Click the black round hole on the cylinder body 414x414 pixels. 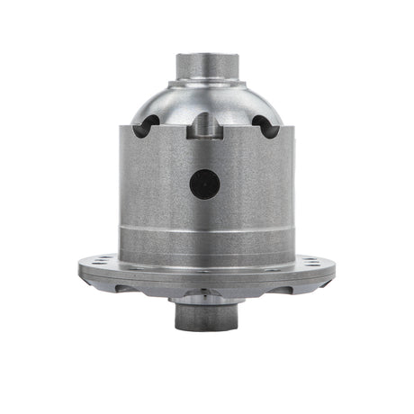pos(204,184)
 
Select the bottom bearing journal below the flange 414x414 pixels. pos(206,314)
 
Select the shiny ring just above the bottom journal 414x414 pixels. pos(206,294)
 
